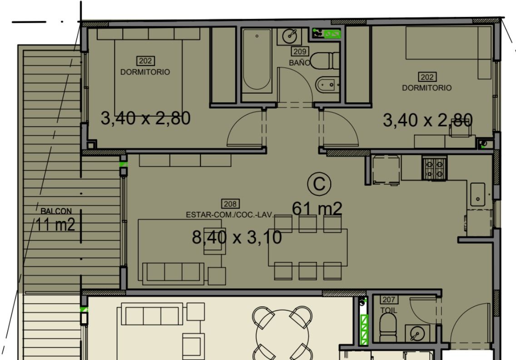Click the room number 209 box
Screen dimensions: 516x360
300,51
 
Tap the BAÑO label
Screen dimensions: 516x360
299,63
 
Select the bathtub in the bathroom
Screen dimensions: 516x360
257,60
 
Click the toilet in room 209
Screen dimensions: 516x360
325,60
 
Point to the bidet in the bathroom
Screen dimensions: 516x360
327,85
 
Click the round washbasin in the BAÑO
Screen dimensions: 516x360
290,35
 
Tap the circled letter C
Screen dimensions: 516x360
319,184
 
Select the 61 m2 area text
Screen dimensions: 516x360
317,209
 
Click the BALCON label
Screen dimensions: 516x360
56,211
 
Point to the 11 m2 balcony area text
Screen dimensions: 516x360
55,225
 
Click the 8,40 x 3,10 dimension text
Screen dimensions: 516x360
237,237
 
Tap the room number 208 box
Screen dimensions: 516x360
230,204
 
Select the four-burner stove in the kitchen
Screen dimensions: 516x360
434,168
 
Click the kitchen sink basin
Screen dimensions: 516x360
477,195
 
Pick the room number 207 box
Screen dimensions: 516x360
389,300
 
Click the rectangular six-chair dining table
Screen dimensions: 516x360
308,247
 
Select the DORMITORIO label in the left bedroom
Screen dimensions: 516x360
145,72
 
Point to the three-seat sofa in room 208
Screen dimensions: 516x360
173,273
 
